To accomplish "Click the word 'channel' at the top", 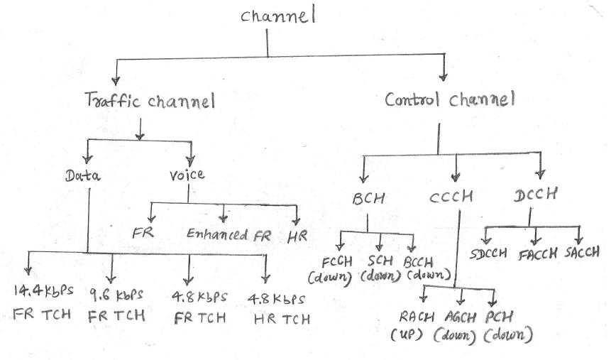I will pyautogui.click(x=277, y=16).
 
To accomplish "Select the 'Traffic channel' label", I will pyautogui.click(x=148, y=102).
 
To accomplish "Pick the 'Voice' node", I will pyautogui.click(x=187, y=175).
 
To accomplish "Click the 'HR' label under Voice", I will pyautogui.click(x=297, y=234).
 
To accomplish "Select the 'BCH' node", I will pyautogui.click(x=368, y=199).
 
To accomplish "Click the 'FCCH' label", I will pyautogui.click(x=333, y=262).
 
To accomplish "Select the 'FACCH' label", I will pyautogui.click(x=537, y=253).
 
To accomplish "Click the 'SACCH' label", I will pyautogui.click(x=583, y=252).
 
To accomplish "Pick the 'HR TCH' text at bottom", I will pyautogui.click(x=282, y=319).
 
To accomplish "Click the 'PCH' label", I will pyautogui.click(x=500, y=317).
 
